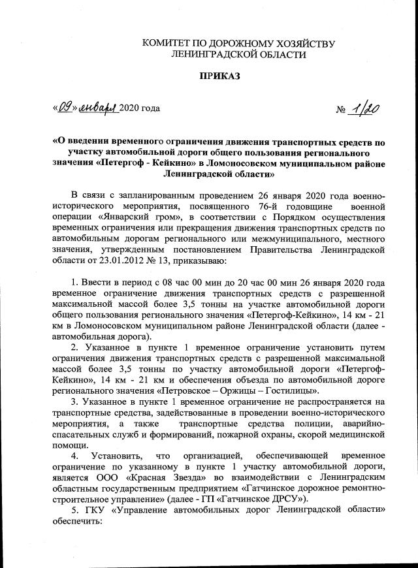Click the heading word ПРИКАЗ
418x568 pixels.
219,76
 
